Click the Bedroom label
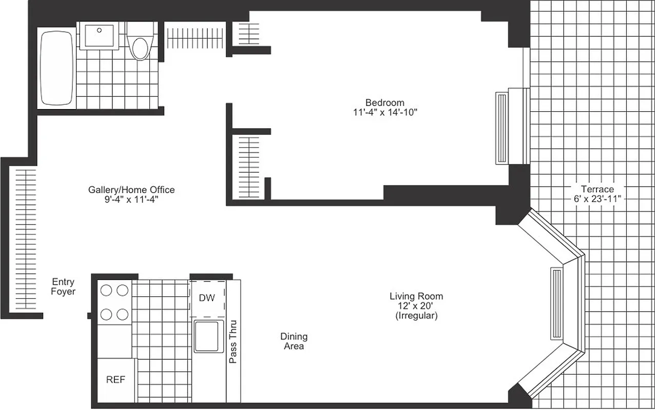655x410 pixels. (384, 102)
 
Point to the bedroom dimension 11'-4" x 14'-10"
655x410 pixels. (384, 112)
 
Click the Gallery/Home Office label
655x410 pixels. (131, 190)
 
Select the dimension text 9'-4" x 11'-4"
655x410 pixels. (131, 200)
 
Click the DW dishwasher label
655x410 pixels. (206, 298)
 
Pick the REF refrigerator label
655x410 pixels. (115, 380)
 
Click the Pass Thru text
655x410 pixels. (233, 346)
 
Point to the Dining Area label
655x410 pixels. (294, 341)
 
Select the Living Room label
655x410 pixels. (416, 296)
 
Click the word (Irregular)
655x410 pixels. (416, 316)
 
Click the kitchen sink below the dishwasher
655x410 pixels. (209, 336)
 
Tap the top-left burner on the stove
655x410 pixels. (106, 291)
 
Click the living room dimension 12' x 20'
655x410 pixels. (416, 306)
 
